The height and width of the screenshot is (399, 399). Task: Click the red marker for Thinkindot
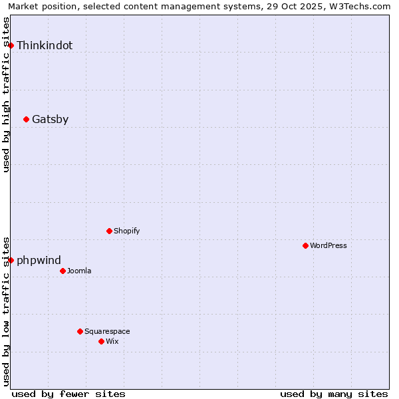click(11, 45)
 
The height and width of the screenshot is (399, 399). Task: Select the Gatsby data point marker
click(27, 120)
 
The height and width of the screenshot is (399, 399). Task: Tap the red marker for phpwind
click(11, 260)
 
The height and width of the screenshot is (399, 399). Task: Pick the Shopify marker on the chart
click(110, 231)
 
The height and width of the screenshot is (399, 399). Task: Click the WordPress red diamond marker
click(306, 245)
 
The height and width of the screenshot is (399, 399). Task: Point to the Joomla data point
click(63, 271)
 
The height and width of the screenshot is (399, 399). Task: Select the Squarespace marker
click(80, 331)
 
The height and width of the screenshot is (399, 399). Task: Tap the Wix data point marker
click(102, 341)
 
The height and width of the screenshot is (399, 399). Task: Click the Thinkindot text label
click(45, 46)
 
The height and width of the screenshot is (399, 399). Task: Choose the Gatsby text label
click(50, 120)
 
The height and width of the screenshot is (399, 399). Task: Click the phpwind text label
click(39, 261)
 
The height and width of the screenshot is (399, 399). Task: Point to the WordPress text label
click(329, 246)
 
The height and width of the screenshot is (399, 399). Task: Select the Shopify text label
click(126, 231)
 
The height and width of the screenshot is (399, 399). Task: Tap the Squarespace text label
click(107, 332)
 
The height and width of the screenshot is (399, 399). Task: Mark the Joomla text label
click(79, 271)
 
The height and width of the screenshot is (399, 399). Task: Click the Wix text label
click(112, 342)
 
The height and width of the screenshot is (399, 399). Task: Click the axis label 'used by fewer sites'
click(68, 394)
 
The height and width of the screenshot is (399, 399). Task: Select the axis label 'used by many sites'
click(334, 394)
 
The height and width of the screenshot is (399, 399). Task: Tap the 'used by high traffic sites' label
click(7, 94)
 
